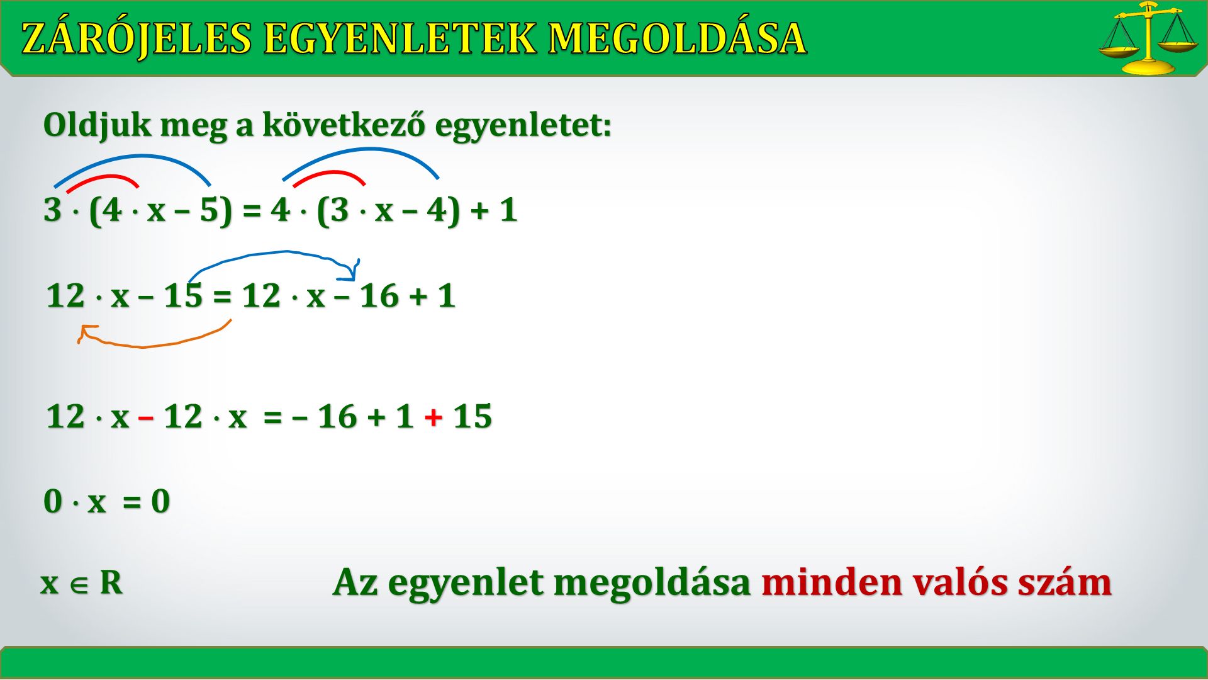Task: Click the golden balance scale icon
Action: click(1148, 38)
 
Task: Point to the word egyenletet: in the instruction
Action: click(523, 125)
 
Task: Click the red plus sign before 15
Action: click(433, 417)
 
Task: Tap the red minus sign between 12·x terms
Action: click(146, 417)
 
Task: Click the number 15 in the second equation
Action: click(183, 295)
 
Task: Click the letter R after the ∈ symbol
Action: click(111, 582)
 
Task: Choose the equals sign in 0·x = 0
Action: click(131, 502)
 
